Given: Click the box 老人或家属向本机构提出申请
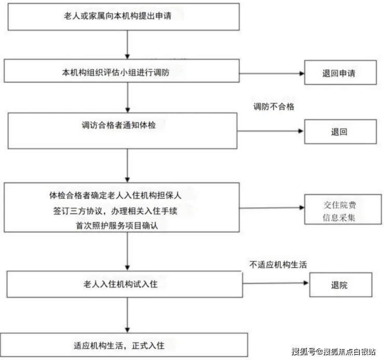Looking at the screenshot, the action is (124, 17).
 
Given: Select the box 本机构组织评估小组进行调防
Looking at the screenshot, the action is (122, 71).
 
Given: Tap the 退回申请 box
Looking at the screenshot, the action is (340, 73).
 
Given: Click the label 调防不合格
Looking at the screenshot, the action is (274, 107).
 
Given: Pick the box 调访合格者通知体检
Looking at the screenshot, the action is (122, 131).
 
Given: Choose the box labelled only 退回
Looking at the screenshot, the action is (340, 132).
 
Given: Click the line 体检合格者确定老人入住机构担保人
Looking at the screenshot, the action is (115, 195).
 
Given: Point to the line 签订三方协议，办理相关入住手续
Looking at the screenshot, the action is (115, 211).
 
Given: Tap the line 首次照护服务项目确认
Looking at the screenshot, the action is (117, 226).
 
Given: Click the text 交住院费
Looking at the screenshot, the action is (340, 205).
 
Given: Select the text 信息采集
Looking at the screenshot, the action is (339, 217).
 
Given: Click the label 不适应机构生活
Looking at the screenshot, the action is (278, 265).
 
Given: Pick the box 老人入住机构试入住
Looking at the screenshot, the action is (125, 284).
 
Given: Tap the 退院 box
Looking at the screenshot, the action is (340, 285).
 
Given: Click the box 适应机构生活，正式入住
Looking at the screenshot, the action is (124, 345).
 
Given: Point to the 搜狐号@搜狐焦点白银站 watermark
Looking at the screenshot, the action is (334, 352).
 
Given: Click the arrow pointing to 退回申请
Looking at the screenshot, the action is (272, 73).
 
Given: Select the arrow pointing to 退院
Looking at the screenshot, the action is (276, 283).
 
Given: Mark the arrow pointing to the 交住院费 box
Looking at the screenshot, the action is (272, 208).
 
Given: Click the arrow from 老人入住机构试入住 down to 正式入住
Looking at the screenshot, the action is (127, 315).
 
